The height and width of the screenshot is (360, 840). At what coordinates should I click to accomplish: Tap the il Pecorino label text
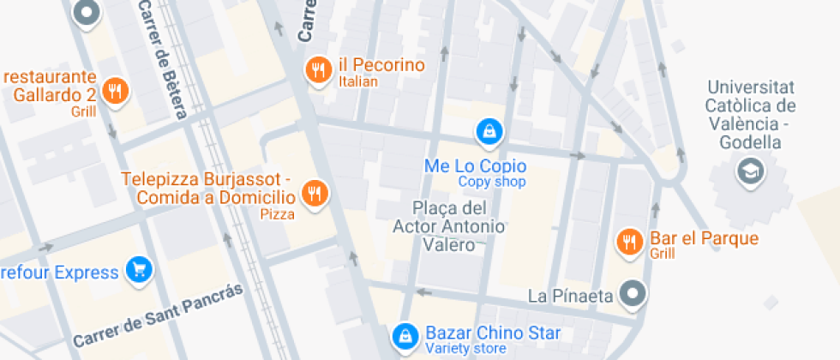[x=381, y=65]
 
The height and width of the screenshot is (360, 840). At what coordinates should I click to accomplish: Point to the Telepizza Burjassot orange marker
[x=315, y=193]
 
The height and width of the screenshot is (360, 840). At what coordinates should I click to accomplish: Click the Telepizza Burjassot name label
[x=208, y=189]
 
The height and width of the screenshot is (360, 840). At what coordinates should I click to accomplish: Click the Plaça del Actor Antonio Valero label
[x=449, y=226]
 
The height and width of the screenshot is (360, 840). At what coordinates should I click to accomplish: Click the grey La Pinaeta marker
[x=633, y=294]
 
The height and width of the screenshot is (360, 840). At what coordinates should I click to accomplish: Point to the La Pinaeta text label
[x=570, y=297]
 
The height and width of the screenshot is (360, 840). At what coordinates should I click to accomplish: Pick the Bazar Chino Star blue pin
[x=402, y=337]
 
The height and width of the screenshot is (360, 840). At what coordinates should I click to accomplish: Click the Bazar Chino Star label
[x=493, y=333]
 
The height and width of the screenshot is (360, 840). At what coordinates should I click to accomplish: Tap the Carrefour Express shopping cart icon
[x=138, y=271]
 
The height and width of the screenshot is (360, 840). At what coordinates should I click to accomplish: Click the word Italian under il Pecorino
[x=358, y=82]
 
